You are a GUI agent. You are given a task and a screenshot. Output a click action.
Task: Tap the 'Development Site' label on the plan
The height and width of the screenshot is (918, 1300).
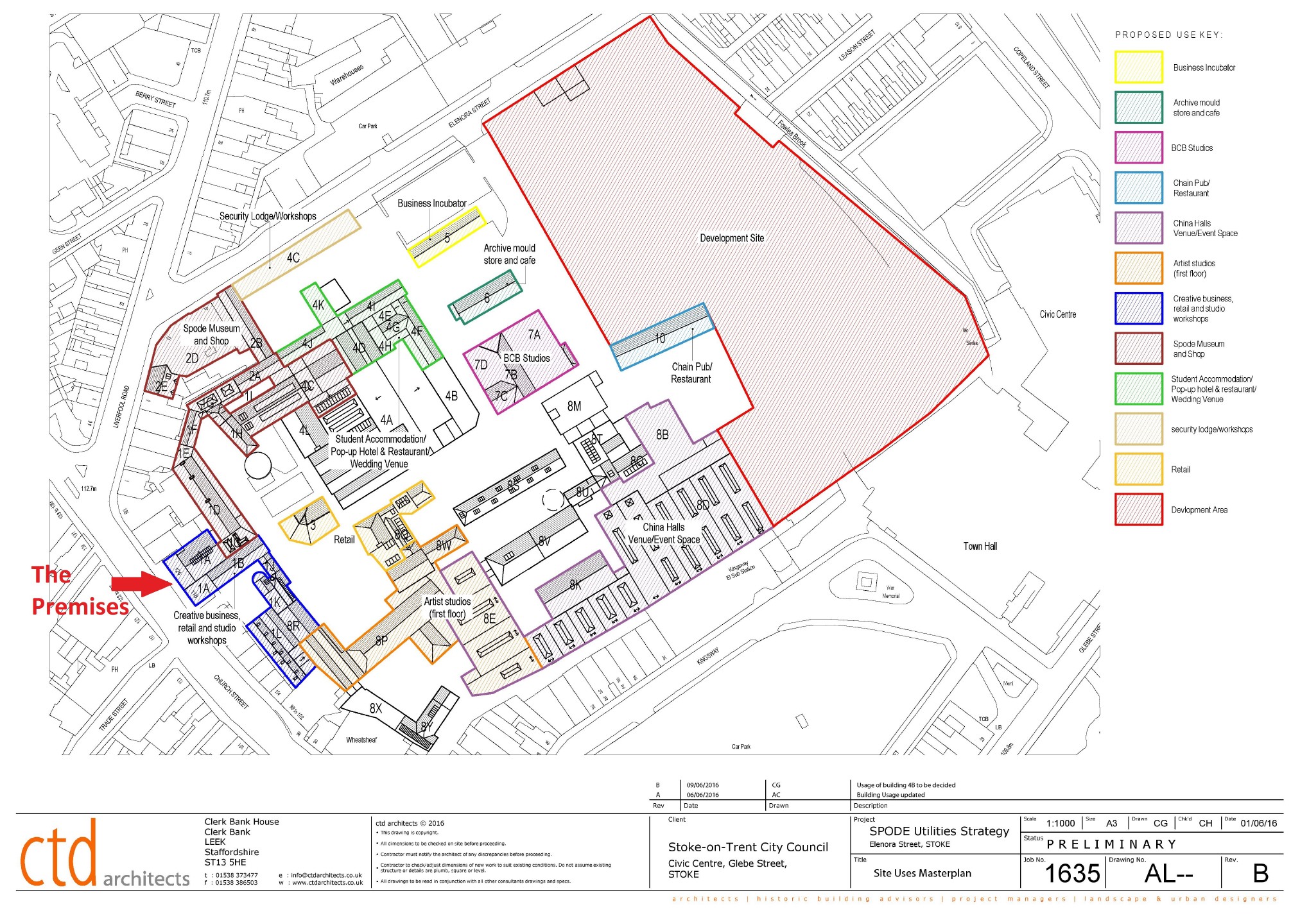(x=732, y=238)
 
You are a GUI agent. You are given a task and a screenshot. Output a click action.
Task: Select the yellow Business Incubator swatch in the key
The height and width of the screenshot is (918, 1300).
(x=1138, y=67)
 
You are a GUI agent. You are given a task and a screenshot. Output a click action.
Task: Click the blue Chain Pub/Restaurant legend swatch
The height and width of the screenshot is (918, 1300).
(x=1138, y=187)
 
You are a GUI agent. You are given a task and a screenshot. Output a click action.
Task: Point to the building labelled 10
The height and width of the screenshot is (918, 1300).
(x=660, y=338)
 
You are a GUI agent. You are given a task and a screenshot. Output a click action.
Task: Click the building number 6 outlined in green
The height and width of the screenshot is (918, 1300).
(x=487, y=298)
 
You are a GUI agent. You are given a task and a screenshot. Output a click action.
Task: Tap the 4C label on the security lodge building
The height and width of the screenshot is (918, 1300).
(x=293, y=258)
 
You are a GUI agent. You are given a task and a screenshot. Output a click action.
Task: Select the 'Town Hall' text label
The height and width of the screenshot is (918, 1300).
(x=980, y=546)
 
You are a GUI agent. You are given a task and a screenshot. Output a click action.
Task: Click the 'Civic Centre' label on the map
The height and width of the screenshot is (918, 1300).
(x=1057, y=314)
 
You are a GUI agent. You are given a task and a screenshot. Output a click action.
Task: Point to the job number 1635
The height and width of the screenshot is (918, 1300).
(x=1072, y=873)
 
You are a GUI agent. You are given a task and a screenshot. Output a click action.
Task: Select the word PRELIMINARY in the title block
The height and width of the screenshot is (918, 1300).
(x=1111, y=844)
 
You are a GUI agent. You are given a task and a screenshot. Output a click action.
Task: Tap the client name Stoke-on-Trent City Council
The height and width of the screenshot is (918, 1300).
(x=748, y=847)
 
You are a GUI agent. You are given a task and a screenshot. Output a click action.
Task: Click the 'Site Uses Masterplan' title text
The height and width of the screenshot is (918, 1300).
(x=922, y=873)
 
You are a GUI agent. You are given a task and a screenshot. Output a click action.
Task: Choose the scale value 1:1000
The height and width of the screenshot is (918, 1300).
(x=1060, y=823)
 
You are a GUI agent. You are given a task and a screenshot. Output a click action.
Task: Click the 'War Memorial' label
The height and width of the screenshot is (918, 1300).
(x=890, y=591)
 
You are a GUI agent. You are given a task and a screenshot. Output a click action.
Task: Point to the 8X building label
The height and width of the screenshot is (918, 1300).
(x=376, y=708)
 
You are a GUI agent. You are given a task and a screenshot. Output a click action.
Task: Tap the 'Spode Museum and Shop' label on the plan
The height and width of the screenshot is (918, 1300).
(x=211, y=334)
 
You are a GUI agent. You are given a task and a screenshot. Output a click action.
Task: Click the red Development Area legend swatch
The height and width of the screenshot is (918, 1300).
(x=1138, y=509)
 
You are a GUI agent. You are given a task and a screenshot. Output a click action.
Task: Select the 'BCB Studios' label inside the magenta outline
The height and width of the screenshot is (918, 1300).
(x=526, y=358)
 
